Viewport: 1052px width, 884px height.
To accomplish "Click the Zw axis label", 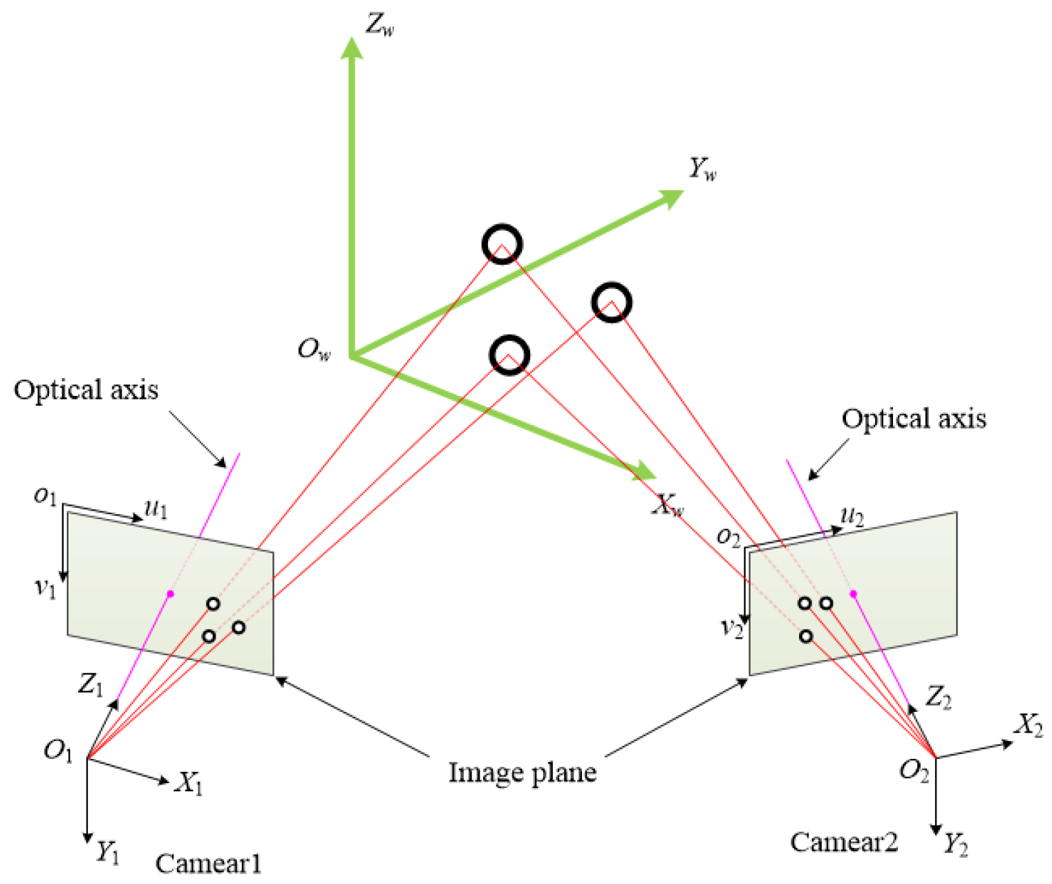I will pyautogui.click(x=379, y=25).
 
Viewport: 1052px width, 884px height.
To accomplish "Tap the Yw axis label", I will pyautogui.click(x=702, y=169).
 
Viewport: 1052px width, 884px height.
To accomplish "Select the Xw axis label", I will pyautogui.click(x=668, y=506).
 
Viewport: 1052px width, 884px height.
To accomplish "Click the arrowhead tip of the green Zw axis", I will pyautogui.click(x=353, y=40).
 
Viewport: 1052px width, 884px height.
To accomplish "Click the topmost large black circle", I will pyautogui.click(x=502, y=244).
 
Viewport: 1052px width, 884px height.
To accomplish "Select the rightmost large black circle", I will pyautogui.click(x=611, y=302).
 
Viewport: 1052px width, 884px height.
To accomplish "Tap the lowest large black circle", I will pyautogui.click(x=509, y=355).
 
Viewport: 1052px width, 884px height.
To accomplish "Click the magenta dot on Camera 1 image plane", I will pyautogui.click(x=170, y=594).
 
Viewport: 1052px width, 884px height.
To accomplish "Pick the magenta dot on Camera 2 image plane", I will pyautogui.click(x=853, y=594).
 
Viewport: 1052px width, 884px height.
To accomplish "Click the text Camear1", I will pyautogui.click(x=208, y=863).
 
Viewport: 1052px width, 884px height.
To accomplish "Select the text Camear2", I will pyautogui.click(x=843, y=842).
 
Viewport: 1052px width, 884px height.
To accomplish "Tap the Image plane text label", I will pyautogui.click(x=523, y=772).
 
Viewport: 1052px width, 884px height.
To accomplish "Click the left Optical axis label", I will pyautogui.click(x=86, y=390).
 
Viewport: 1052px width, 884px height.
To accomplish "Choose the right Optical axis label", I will pyautogui.click(x=914, y=419).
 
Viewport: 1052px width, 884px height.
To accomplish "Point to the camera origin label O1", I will pyautogui.click(x=58, y=751).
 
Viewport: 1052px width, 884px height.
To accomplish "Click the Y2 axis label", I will pyautogui.click(x=955, y=845).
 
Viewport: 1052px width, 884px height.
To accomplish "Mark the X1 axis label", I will pyautogui.click(x=189, y=784).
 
